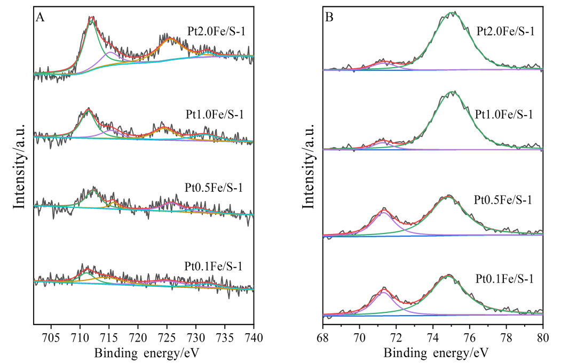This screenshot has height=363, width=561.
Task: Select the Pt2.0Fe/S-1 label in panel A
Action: [x=216, y=32]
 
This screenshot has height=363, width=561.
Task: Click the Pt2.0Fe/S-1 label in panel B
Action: [x=505, y=31]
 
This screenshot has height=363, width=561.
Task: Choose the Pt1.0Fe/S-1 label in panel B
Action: [x=503, y=114]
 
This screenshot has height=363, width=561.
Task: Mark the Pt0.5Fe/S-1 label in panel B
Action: [x=503, y=200]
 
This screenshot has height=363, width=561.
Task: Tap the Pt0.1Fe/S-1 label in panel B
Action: [x=503, y=278]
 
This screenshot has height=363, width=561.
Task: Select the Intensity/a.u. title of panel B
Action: [x=309, y=165]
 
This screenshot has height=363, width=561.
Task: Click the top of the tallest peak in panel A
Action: [x=92, y=17]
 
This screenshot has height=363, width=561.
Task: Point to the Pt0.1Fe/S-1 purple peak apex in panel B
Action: [x=384, y=292]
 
